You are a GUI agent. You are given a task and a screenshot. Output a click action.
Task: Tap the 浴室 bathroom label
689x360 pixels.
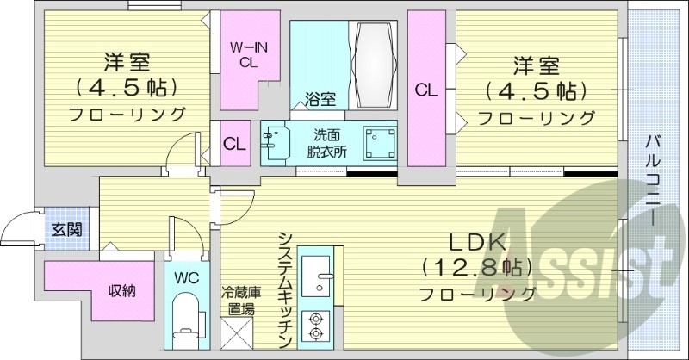pos(320,99)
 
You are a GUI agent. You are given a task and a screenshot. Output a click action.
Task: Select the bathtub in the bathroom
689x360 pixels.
pos(372,63)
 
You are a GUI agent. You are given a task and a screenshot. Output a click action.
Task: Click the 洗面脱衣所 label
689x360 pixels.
pos(329,141)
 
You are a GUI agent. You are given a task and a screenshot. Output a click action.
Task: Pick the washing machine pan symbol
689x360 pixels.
pos(378,142)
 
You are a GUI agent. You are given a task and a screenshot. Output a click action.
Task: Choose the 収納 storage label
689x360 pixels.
pos(121,289)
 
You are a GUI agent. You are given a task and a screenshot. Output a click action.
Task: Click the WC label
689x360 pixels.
pos(187,278)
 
